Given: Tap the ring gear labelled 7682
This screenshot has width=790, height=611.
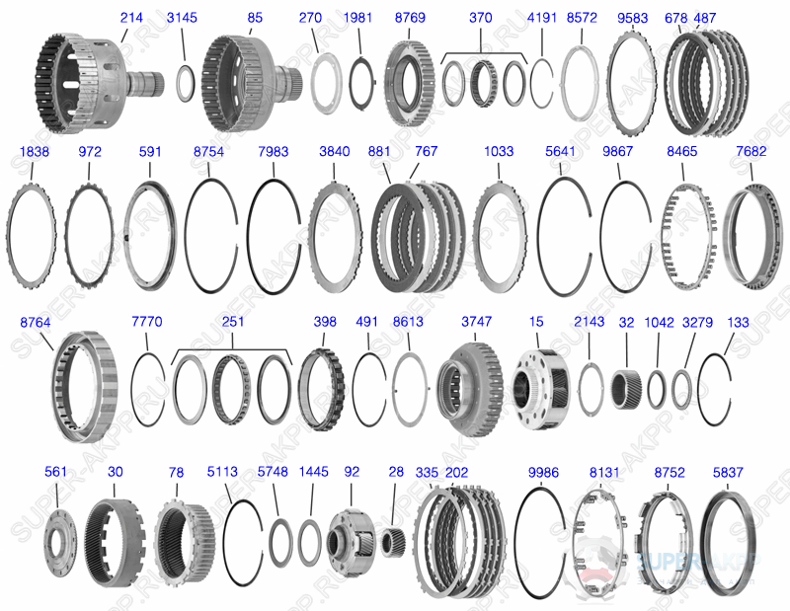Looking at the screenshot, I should tap(753, 235).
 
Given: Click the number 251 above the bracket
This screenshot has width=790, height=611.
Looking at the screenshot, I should tap(234, 321).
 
